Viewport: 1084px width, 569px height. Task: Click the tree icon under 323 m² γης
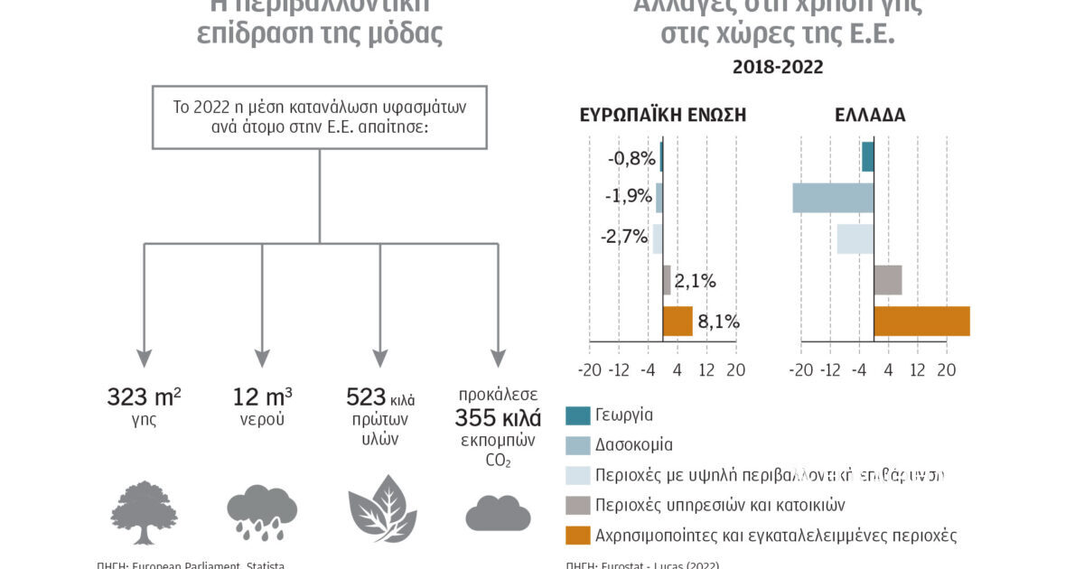click(145, 511)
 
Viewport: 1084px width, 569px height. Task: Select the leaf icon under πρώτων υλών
click(382, 508)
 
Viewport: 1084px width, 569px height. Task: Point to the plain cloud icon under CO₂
click(498, 514)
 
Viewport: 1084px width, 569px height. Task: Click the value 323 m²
click(144, 396)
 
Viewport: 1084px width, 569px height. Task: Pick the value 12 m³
click(262, 396)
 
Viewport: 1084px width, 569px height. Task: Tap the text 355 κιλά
click(498, 418)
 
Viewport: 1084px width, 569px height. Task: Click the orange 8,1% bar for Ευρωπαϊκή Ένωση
click(677, 321)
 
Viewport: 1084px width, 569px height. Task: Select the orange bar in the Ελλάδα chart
click(921, 321)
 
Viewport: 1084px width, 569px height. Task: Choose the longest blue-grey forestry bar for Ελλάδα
click(833, 198)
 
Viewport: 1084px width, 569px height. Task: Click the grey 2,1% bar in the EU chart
click(667, 280)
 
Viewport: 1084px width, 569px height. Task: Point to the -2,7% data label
click(624, 238)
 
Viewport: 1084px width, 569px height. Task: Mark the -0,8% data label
click(631, 158)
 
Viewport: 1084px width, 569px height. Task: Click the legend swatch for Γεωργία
click(577, 415)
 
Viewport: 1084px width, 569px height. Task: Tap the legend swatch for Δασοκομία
click(577, 445)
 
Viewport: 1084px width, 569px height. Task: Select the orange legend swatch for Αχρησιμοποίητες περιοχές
click(577, 535)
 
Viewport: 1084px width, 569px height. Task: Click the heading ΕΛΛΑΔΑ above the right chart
click(871, 116)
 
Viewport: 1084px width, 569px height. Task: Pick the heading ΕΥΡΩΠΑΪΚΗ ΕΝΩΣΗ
click(663, 116)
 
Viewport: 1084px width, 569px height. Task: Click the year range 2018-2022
click(778, 67)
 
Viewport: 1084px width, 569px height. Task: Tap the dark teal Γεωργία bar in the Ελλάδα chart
click(867, 157)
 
